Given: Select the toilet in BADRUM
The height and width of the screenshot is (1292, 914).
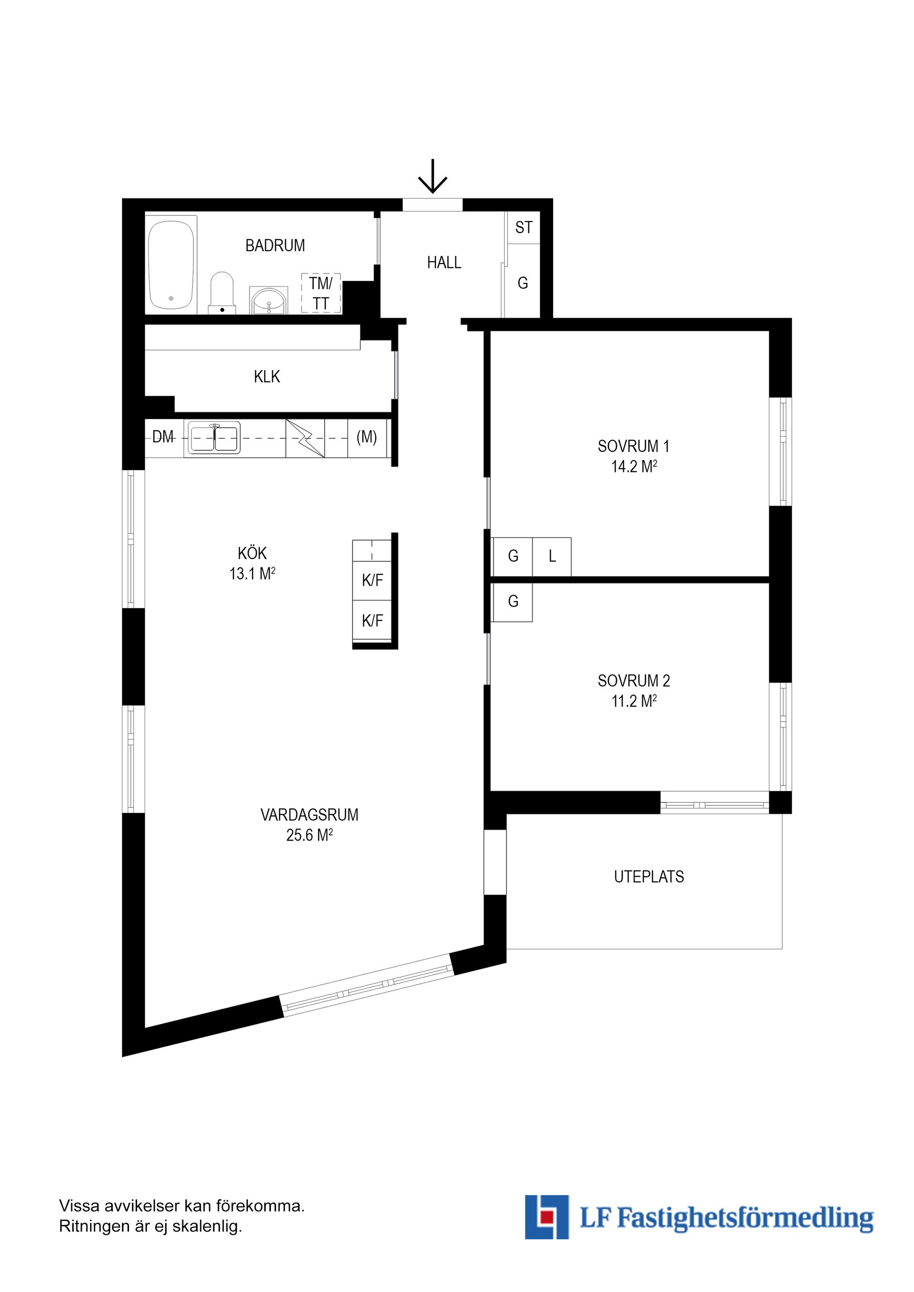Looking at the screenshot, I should click(x=222, y=293).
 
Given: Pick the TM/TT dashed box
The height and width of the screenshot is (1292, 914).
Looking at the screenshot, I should click(x=321, y=293).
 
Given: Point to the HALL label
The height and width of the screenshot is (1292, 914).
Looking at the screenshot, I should click(x=444, y=262).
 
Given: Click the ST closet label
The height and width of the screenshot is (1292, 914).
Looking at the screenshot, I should click(x=523, y=227).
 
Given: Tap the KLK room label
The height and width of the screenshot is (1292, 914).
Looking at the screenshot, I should click(x=267, y=376).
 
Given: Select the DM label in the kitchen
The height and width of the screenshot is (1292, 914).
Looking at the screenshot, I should click(x=163, y=437).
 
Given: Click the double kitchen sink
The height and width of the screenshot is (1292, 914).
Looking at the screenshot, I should click(x=214, y=438).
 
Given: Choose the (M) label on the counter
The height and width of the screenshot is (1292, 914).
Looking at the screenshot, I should click(x=367, y=437).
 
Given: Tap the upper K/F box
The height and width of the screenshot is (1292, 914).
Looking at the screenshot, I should click(x=372, y=581).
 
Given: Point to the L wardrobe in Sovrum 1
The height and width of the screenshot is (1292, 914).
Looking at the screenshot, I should click(x=552, y=556).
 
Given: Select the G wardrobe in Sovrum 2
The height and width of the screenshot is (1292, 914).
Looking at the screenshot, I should click(x=513, y=602).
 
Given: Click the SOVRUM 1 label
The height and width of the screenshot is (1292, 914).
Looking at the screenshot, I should click(x=634, y=446).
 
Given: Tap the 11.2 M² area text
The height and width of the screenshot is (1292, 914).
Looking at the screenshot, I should click(x=634, y=701).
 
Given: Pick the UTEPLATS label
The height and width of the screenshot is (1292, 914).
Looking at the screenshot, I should click(x=649, y=877).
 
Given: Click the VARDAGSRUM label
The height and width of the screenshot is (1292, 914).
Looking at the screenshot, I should click(x=309, y=814).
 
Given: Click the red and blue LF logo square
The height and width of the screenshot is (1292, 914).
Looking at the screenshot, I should click(x=546, y=1217).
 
